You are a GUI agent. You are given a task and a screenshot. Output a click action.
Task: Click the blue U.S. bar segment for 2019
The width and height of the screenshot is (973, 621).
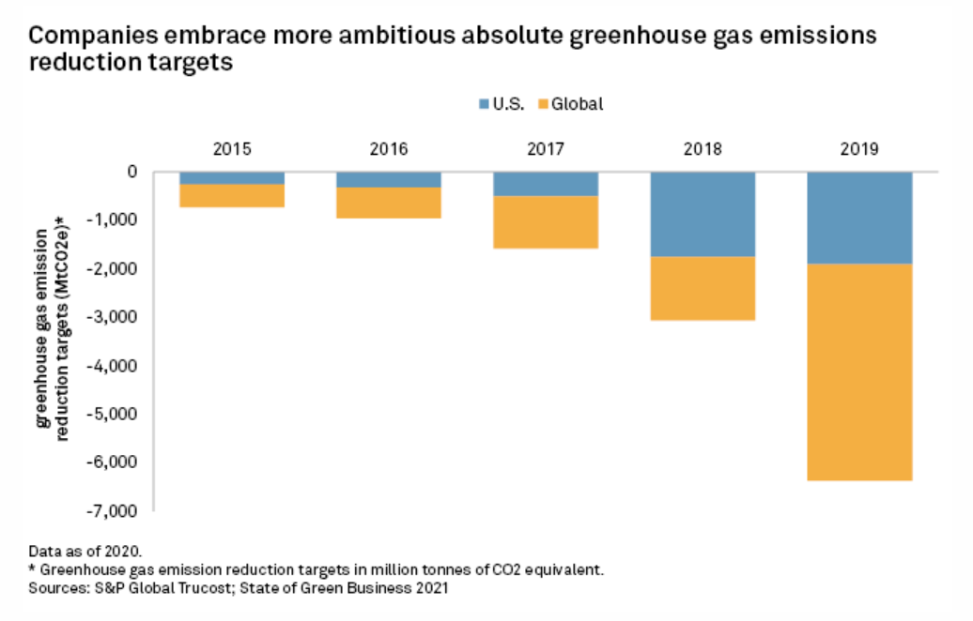(x=859, y=218)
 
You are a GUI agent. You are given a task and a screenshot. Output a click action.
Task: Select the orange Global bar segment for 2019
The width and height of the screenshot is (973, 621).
(x=859, y=371)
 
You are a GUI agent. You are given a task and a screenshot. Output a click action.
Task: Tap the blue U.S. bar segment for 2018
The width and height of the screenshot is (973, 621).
(x=703, y=214)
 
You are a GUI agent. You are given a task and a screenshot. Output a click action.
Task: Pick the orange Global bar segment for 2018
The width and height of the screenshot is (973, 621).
(x=703, y=288)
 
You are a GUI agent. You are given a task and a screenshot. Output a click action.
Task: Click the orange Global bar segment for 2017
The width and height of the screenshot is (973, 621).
(x=546, y=222)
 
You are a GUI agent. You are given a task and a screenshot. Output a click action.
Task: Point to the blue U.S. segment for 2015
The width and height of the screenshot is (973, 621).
(x=232, y=178)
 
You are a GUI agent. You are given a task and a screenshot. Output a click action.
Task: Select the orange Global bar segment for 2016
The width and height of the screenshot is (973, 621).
(x=389, y=203)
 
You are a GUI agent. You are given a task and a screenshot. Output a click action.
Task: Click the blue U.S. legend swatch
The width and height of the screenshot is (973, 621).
(x=484, y=104)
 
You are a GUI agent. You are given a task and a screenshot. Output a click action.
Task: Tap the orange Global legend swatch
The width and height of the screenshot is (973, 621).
(x=543, y=104)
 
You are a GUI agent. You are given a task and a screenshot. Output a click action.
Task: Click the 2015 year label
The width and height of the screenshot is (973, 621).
(x=232, y=148)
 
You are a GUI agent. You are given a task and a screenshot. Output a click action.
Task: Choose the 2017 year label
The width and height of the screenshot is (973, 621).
(x=546, y=148)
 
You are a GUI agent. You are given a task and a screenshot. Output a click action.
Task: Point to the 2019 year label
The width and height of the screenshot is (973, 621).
(x=859, y=148)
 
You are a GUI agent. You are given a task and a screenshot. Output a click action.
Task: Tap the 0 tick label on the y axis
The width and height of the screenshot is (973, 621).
(x=132, y=172)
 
